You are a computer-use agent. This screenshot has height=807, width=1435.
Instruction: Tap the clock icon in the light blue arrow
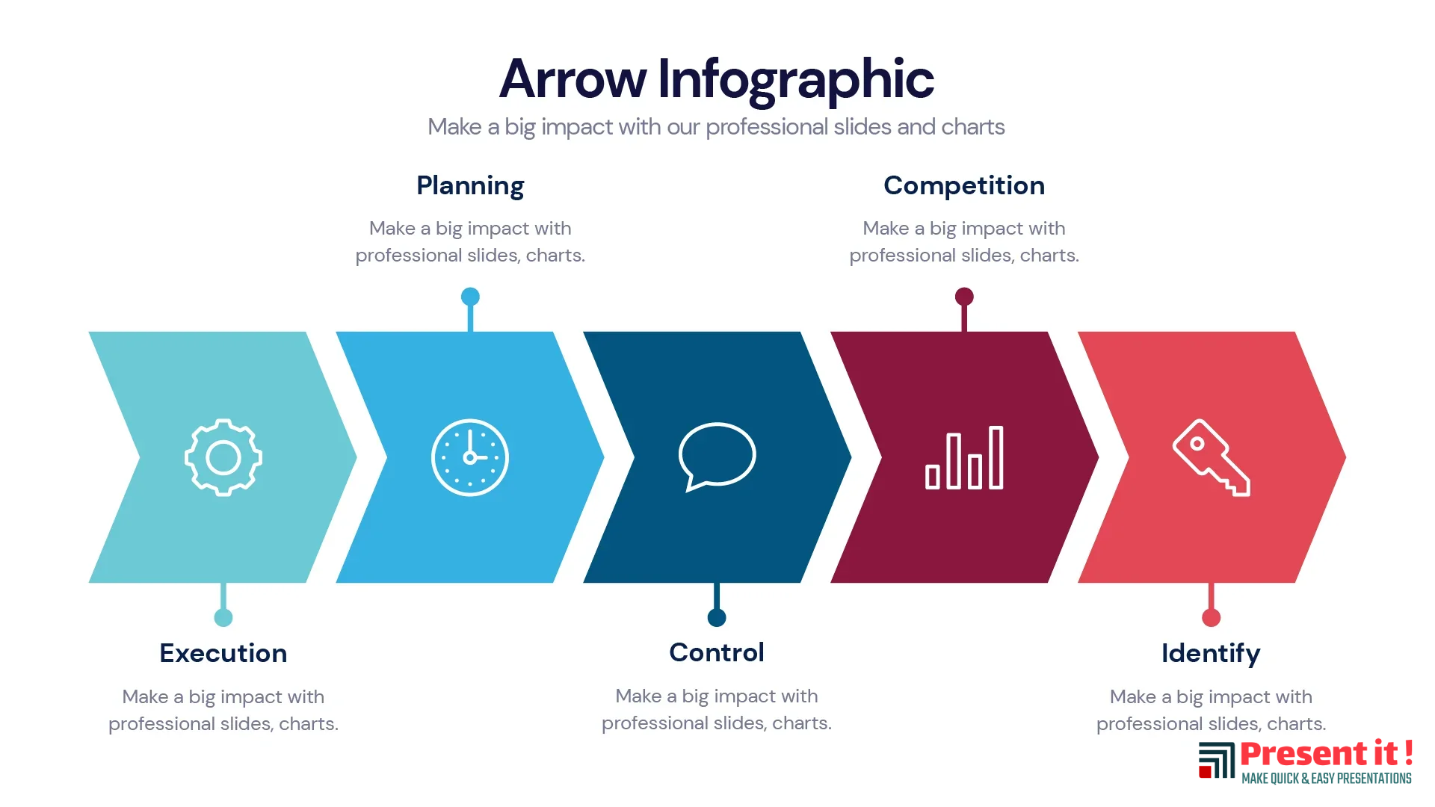point(470,457)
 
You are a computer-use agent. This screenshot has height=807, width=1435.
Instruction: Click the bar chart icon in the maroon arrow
point(964,458)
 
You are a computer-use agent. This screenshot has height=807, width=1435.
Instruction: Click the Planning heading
point(470,186)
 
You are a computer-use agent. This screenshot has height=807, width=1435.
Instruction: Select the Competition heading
point(964,185)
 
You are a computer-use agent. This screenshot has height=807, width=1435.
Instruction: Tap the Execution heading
point(223,653)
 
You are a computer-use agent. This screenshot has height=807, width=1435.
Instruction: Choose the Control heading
point(717,652)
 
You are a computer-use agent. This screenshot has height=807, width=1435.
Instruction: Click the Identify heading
point(1211,654)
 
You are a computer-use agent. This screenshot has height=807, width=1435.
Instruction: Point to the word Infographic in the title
point(796,80)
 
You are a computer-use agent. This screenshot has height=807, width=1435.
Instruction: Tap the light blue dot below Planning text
point(470,297)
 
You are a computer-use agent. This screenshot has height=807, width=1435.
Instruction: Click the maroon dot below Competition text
point(964,297)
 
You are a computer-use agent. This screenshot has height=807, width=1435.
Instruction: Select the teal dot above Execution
point(223,617)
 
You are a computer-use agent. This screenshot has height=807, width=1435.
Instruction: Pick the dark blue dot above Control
point(717,617)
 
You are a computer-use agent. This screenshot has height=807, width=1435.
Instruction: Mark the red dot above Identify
point(1212,617)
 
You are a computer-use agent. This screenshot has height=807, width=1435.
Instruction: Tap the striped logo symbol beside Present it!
point(1217,760)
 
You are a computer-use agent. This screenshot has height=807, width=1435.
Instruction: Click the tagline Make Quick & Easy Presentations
point(1327,779)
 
